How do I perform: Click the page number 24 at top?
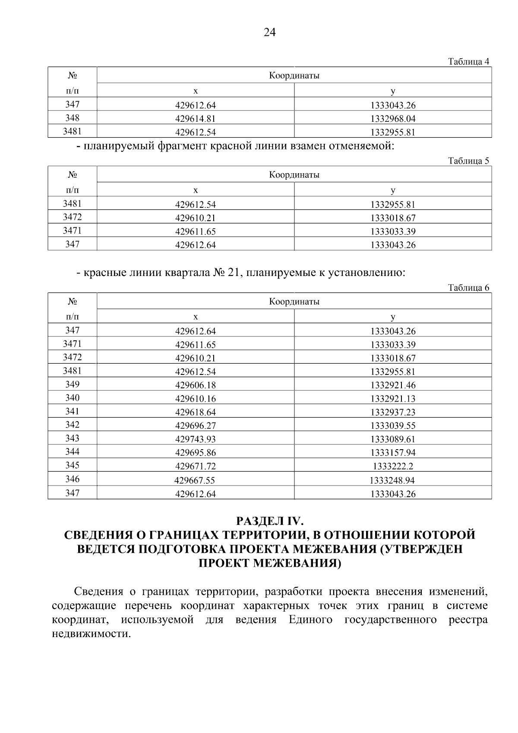[269, 33]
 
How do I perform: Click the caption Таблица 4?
[468, 62]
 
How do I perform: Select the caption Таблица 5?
[468, 161]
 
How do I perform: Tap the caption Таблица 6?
[468, 288]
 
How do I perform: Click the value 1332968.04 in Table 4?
[393, 119]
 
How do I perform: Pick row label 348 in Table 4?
[72, 118]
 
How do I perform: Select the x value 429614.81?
[196, 119]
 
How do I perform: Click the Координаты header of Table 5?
[294, 175]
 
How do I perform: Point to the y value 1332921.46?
[393, 385]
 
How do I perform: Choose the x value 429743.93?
[196, 439]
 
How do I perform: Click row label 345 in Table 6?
[72, 465]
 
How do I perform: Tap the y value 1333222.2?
[393, 466]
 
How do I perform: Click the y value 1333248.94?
[392, 480]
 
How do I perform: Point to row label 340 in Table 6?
[72, 398]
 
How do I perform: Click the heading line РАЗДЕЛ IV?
[269, 520]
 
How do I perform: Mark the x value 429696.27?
[196, 426]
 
